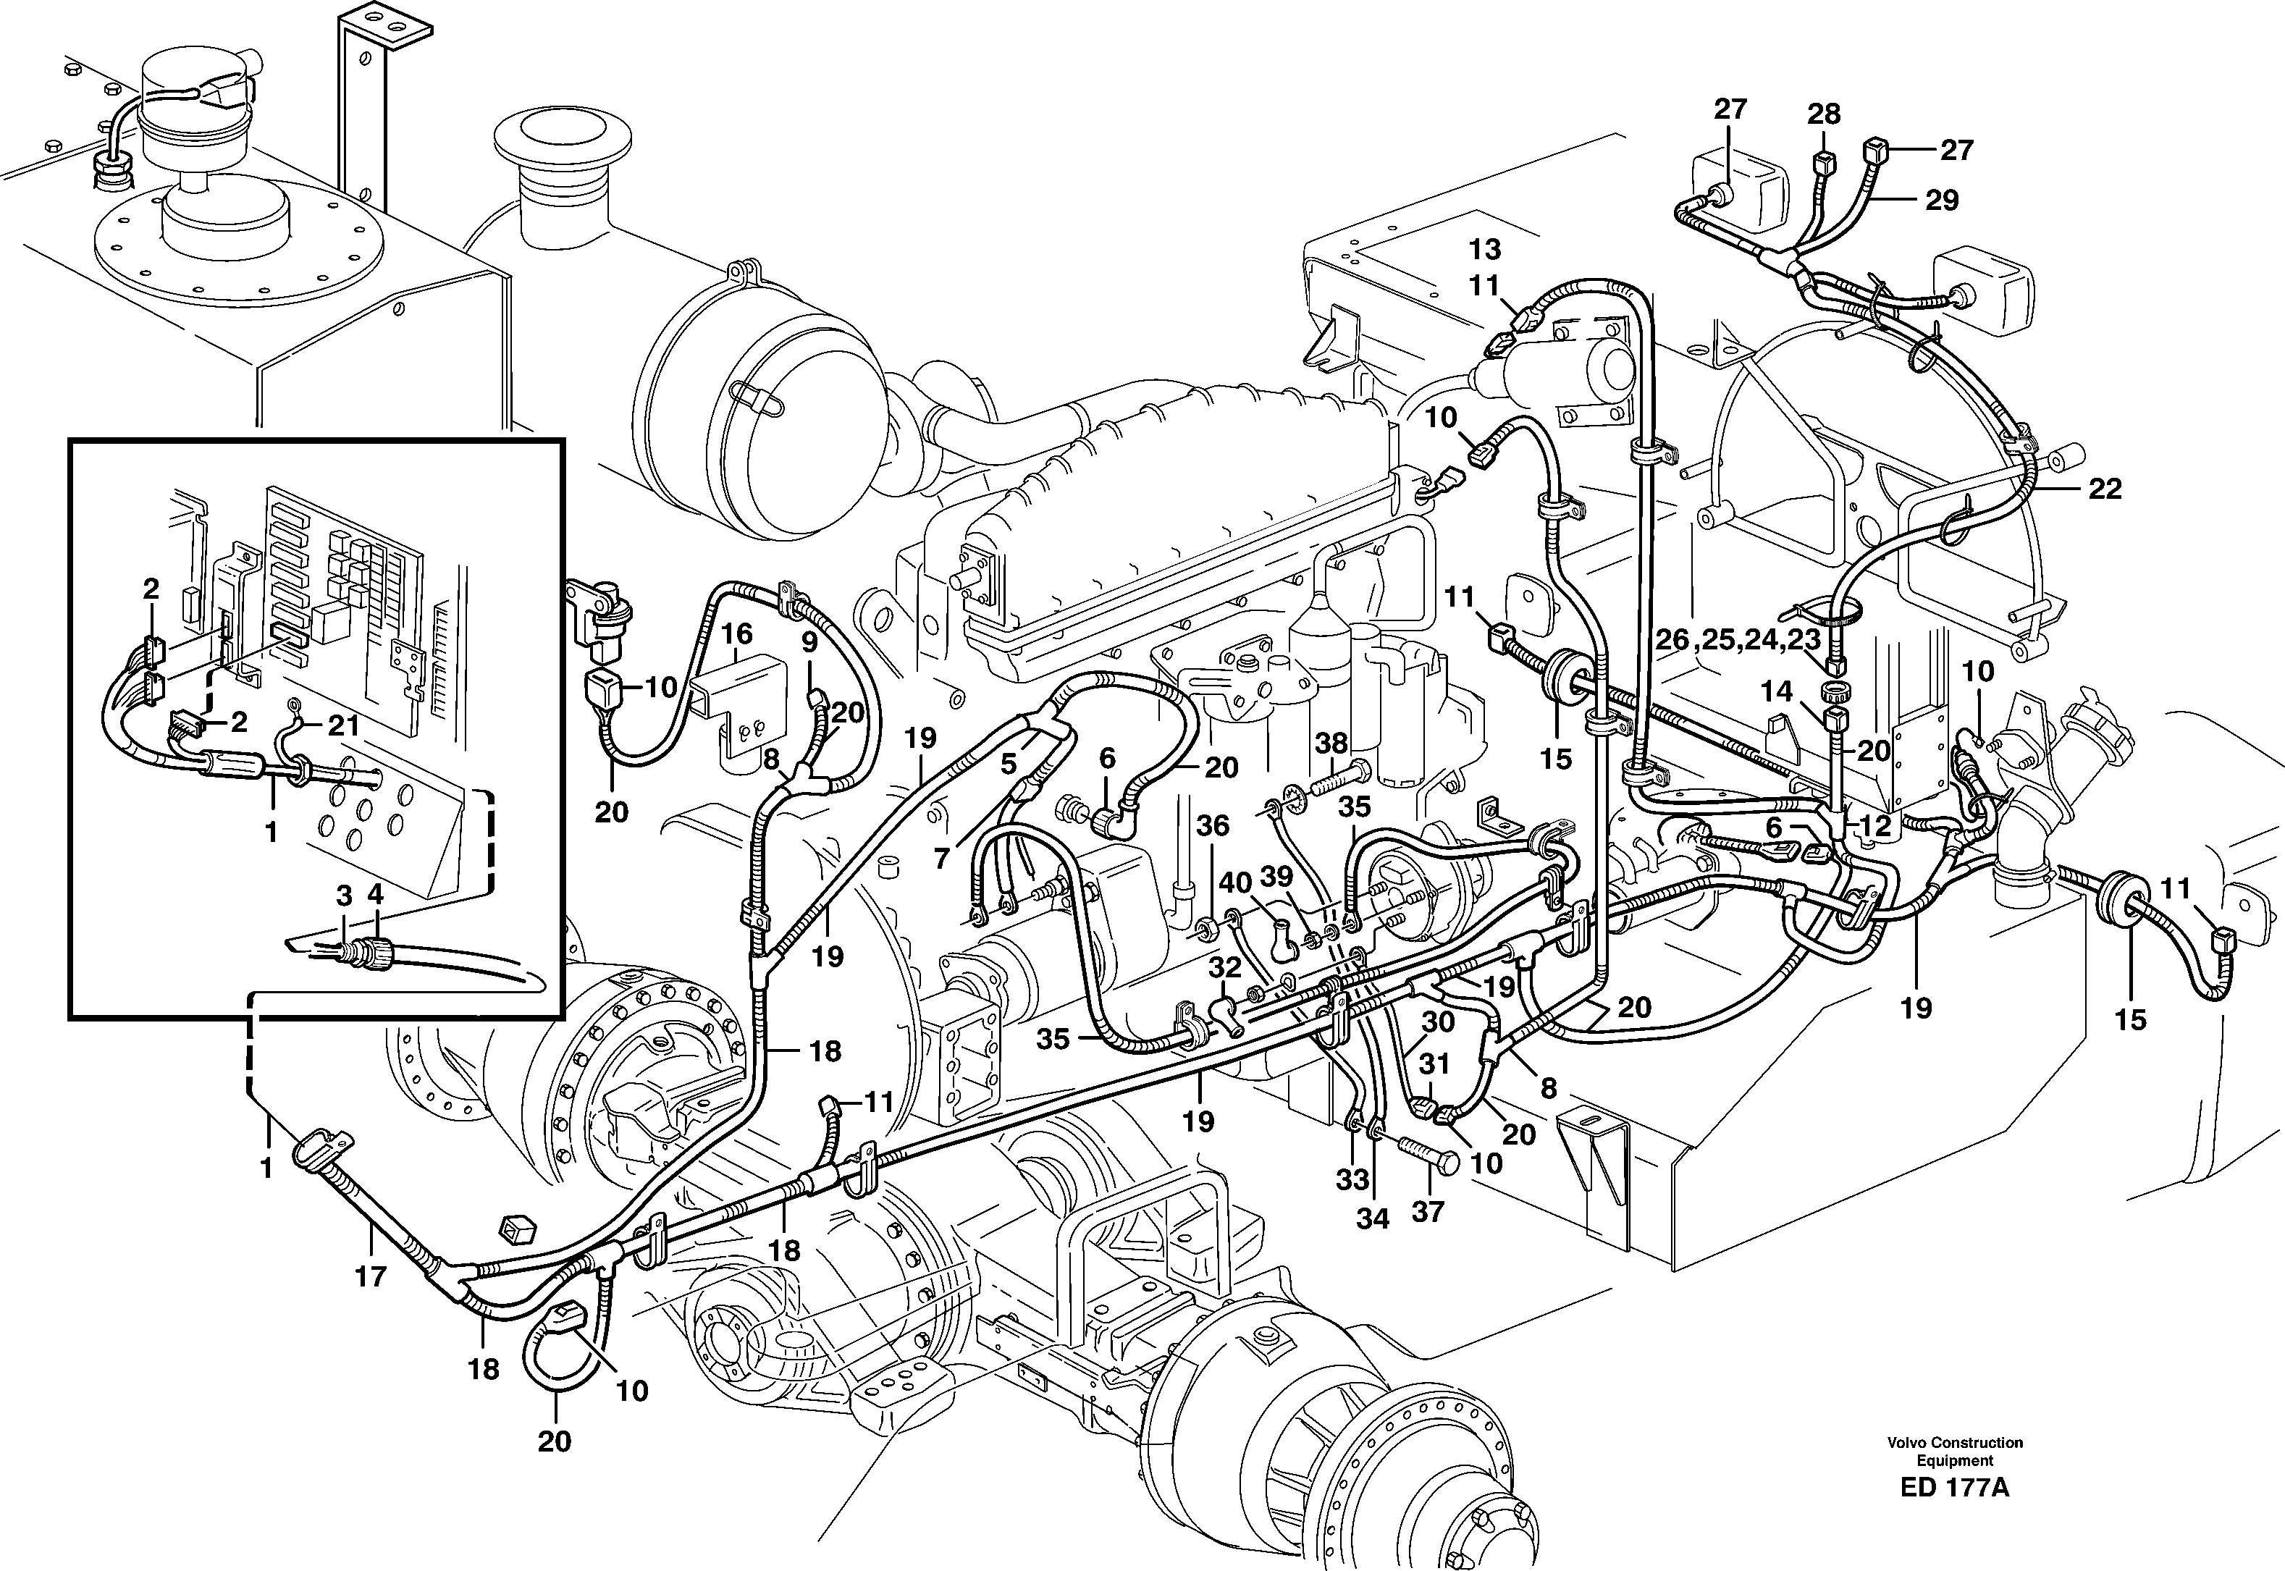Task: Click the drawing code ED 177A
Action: (x=1954, y=1515)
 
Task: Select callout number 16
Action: (x=737, y=633)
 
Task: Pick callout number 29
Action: (x=1941, y=201)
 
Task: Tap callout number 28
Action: (x=1823, y=114)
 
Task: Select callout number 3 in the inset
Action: (x=344, y=896)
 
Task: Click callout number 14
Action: (x=1777, y=692)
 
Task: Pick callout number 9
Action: (x=809, y=643)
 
